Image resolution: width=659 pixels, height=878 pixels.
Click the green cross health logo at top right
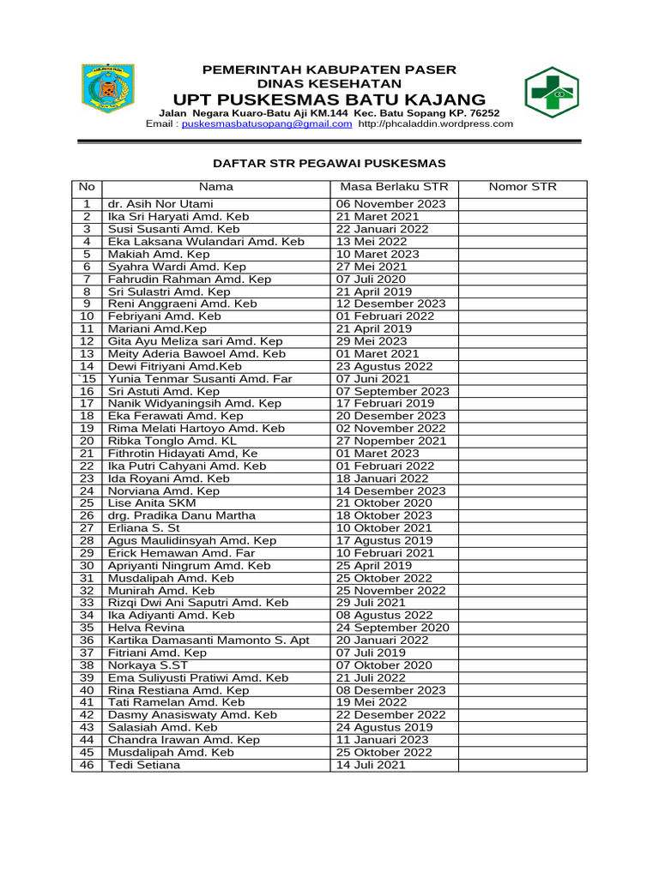(552, 93)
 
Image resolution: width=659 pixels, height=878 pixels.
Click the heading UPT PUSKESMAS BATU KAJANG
(329, 99)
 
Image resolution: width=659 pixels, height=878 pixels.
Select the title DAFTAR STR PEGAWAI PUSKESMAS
(329, 163)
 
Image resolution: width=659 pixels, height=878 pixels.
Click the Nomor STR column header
(523, 187)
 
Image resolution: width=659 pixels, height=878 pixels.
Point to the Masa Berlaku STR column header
(394, 187)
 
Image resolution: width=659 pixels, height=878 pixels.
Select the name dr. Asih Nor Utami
(160, 204)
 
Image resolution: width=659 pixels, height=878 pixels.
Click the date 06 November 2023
(391, 204)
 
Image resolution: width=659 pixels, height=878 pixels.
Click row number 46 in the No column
(87, 764)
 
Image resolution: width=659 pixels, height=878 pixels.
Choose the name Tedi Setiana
(144, 764)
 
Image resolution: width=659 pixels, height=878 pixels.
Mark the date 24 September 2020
(392, 628)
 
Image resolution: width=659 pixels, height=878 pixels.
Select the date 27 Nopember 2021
(391, 441)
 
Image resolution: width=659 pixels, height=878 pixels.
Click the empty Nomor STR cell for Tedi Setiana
(523, 764)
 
